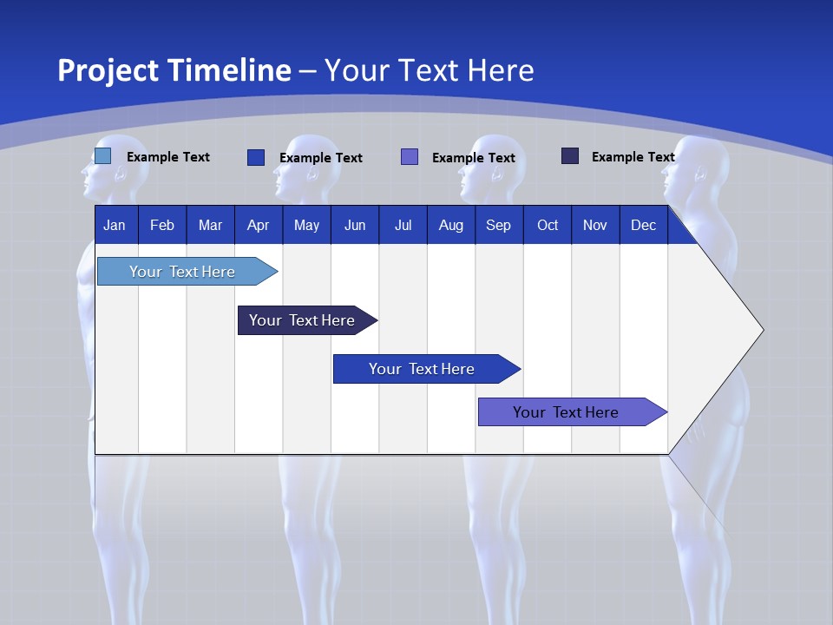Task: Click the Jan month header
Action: point(115,225)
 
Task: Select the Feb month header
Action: point(162,225)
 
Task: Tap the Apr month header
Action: point(259,225)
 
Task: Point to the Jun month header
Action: point(355,225)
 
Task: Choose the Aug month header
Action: point(451,225)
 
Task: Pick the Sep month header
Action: point(499,225)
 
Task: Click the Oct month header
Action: point(548,225)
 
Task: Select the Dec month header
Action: point(644,225)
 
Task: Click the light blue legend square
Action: point(102,156)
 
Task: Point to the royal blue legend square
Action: point(256,157)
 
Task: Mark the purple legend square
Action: point(410,157)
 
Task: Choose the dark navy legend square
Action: point(570,156)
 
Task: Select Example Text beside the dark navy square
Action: point(633,156)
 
